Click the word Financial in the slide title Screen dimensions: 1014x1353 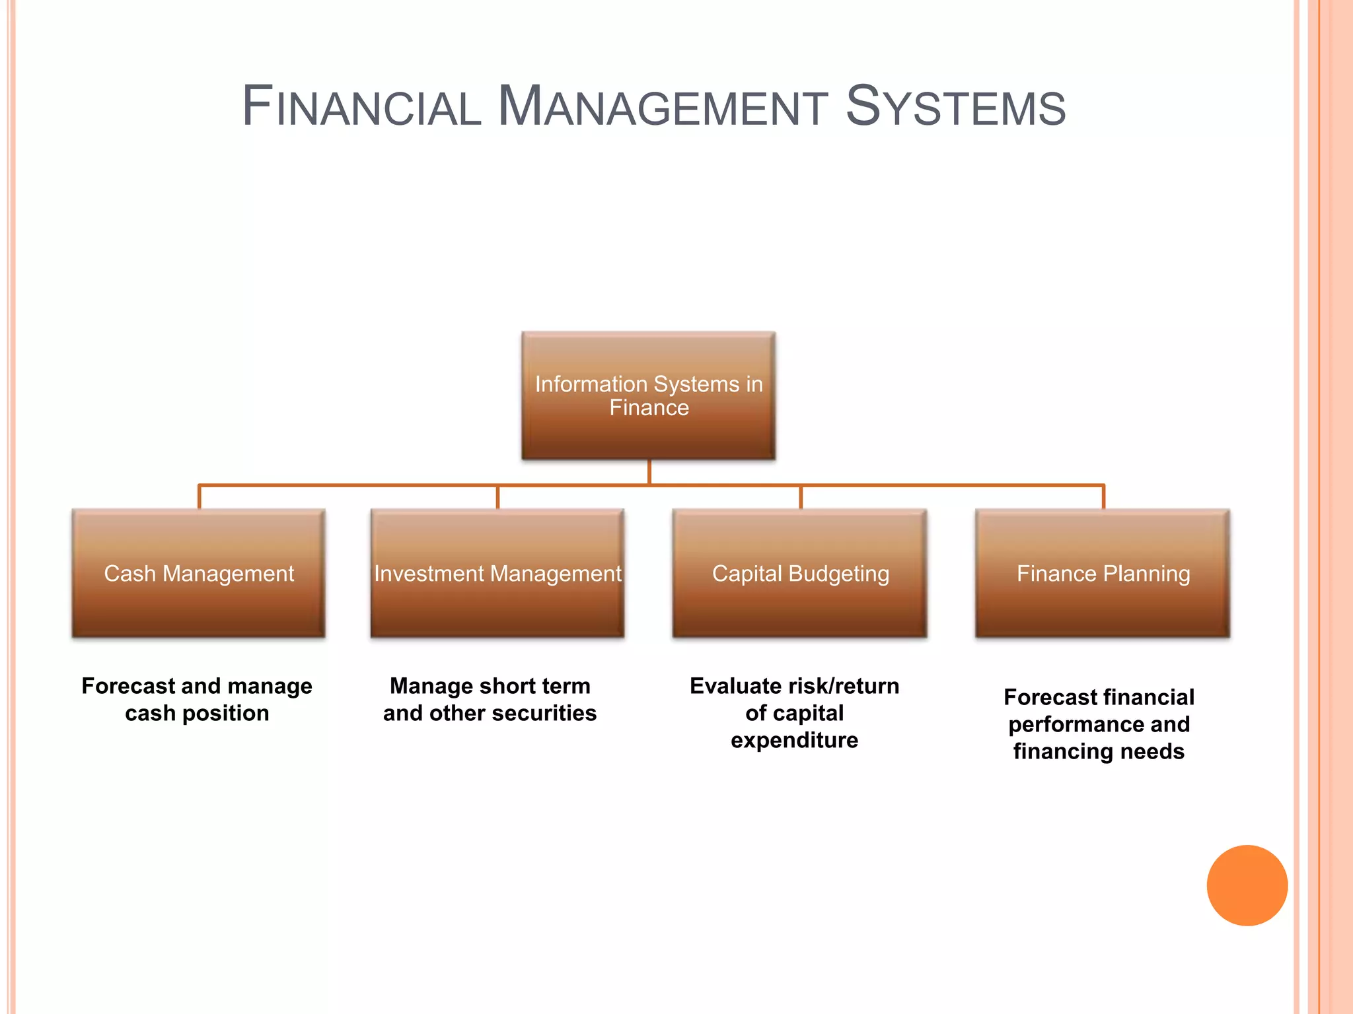(x=362, y=107)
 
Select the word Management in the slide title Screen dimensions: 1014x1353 (x=663, y=107)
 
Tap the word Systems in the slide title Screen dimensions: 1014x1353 (x=955, y=107)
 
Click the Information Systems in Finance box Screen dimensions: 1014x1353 (x=649, y=395)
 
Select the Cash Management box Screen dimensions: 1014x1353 (x=199, y=573)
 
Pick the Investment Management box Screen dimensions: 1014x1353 (x=497, y=573)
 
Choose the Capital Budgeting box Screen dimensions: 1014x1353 (x=800, y=573)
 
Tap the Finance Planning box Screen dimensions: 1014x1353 (x=1103, y=573)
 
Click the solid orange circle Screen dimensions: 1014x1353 (x=1247, y=885)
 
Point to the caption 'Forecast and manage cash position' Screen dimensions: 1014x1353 (x=197, y=700)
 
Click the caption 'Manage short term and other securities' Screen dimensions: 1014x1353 (x=490, y=700)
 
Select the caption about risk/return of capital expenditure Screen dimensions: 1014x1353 (x=794, y=713)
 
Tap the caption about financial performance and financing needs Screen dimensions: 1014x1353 (x=1099, y=724)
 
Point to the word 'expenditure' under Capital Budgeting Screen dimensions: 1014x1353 (x=794, y=741)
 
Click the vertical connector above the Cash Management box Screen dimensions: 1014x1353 (x=199, y=497)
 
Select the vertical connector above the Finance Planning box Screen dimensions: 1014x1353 (x=1103, y=497)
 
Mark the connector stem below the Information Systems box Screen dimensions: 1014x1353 (x=649, y=471)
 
